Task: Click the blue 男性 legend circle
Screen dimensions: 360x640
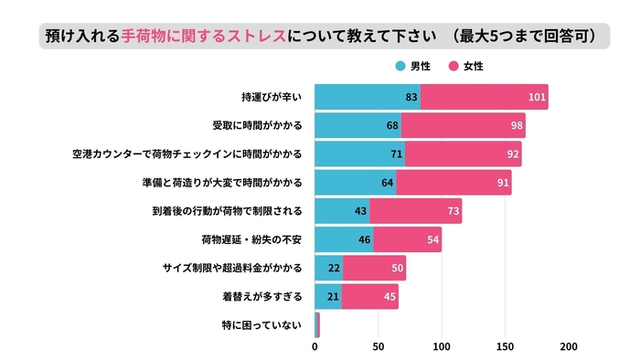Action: coord(400,67)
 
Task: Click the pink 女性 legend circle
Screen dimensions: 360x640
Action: coord(453,67)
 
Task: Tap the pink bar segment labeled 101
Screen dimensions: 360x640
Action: coord(484,97)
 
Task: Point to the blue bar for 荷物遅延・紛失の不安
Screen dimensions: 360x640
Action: coord(344,239)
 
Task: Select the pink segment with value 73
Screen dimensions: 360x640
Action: coord(416,211)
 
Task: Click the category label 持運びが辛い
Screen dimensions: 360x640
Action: coord(272,97)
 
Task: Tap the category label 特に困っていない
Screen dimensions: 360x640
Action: coord(261,325)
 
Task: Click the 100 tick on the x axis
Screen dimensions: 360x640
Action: coord(442,347)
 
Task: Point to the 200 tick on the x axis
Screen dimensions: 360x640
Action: coord(568,347)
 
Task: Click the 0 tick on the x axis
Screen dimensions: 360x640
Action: coord(315,347)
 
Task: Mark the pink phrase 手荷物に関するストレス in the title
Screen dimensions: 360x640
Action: coord(203,37)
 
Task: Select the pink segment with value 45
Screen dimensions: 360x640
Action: coord(370,297)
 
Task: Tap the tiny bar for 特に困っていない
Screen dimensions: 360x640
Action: coord(317,325)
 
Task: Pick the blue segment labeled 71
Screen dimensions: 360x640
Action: coord(360,154)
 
